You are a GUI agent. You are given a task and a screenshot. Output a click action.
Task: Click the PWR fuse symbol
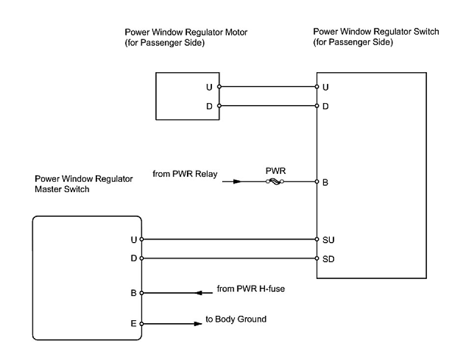[273, 182]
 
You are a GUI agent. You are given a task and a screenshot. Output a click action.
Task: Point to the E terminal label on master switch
[132, 324]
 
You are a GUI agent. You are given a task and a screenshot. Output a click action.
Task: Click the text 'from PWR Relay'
[185, 174]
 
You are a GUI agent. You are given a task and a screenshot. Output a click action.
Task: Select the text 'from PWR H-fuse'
[251, 289]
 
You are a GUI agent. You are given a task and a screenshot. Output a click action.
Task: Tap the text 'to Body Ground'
[236, 319]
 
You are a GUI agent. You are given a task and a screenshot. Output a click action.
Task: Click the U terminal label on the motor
[209, 87]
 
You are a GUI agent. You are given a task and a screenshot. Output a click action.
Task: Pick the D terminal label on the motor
[209, 106]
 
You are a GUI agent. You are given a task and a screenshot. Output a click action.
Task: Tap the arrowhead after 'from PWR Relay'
[237, 182]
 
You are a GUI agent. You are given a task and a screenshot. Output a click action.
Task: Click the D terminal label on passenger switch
[326, 106]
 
